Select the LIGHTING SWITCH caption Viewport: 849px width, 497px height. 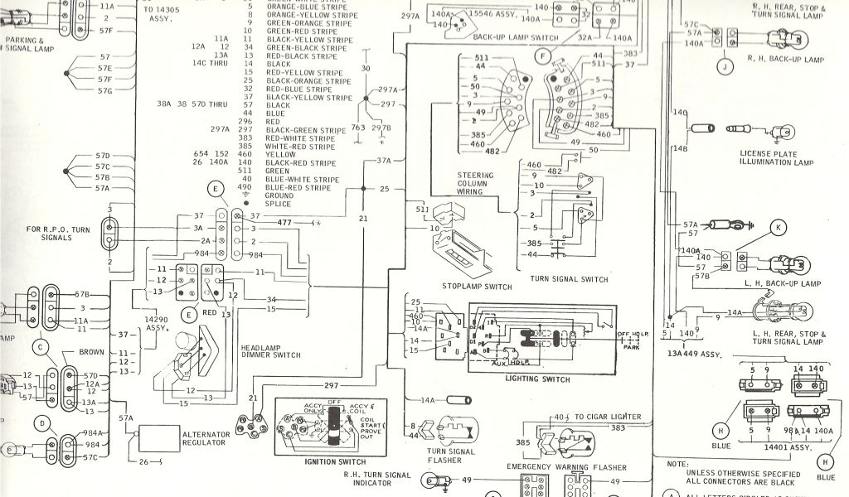[537, 379]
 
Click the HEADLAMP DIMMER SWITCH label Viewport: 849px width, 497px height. [270, 350]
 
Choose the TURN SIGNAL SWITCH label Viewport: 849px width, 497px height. [570, 278]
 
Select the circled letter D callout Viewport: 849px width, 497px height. [43, 423]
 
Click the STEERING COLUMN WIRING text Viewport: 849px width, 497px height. [475, 183]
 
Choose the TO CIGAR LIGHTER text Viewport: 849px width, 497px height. [605, 415]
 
